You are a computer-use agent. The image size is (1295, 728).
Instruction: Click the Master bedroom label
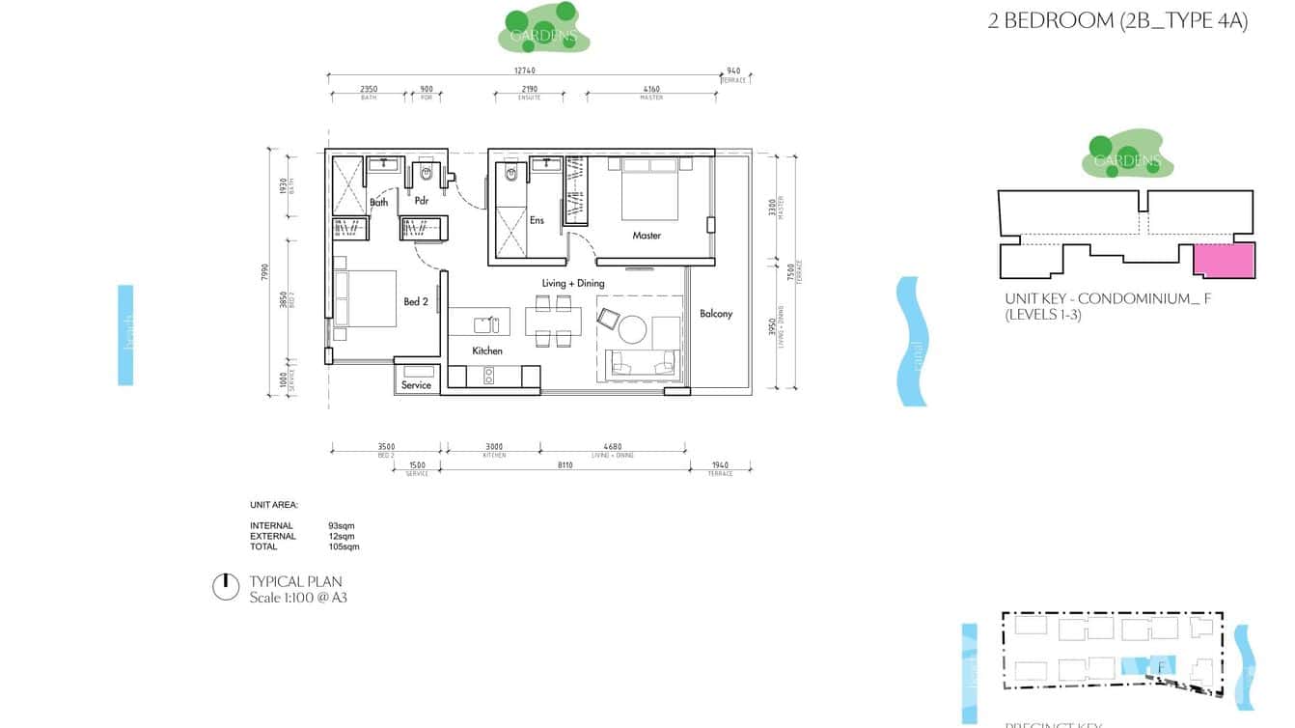click(x=647, y=236)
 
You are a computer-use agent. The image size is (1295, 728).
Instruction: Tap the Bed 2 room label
click(x=416, y=302)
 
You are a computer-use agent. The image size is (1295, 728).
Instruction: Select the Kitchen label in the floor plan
click(x=487, y=351)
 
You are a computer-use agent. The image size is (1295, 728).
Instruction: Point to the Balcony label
click(x=716, y=314)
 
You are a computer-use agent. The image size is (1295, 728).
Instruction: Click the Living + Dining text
click(x=573, y=283)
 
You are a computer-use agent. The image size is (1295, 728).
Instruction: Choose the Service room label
click(x=416, y=385)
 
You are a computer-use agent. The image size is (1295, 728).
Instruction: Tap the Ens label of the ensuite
click(x=537, y=220)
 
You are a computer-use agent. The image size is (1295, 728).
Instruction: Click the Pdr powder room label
click(x=422, y=202)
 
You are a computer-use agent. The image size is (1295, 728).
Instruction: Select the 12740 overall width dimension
click(x=524, y=70)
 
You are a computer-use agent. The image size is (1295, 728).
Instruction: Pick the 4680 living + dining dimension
click(x=613, y=447)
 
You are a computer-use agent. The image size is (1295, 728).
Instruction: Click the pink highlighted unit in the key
click(x=1224, y=261)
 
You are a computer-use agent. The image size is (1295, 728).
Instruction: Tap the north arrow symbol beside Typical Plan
click(x=225, y=587)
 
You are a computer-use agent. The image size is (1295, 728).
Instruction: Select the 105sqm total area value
click(x=344, y=546)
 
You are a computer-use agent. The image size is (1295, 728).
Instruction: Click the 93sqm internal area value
click(x=341, y=526)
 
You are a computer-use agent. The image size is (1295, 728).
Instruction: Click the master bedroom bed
click(x=649, y=188)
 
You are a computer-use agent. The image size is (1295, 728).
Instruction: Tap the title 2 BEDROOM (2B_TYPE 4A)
click(x=1117, y=21)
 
